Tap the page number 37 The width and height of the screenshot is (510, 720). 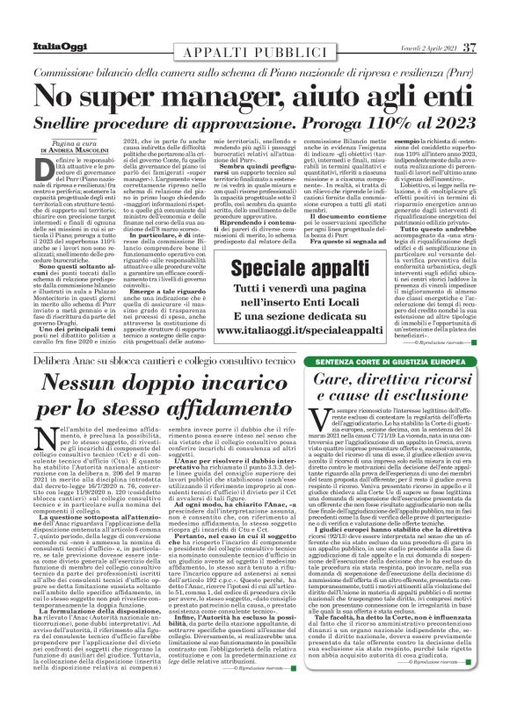(x=470, y=46)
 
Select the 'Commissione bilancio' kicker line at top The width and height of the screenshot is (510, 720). (x=255, y=68)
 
